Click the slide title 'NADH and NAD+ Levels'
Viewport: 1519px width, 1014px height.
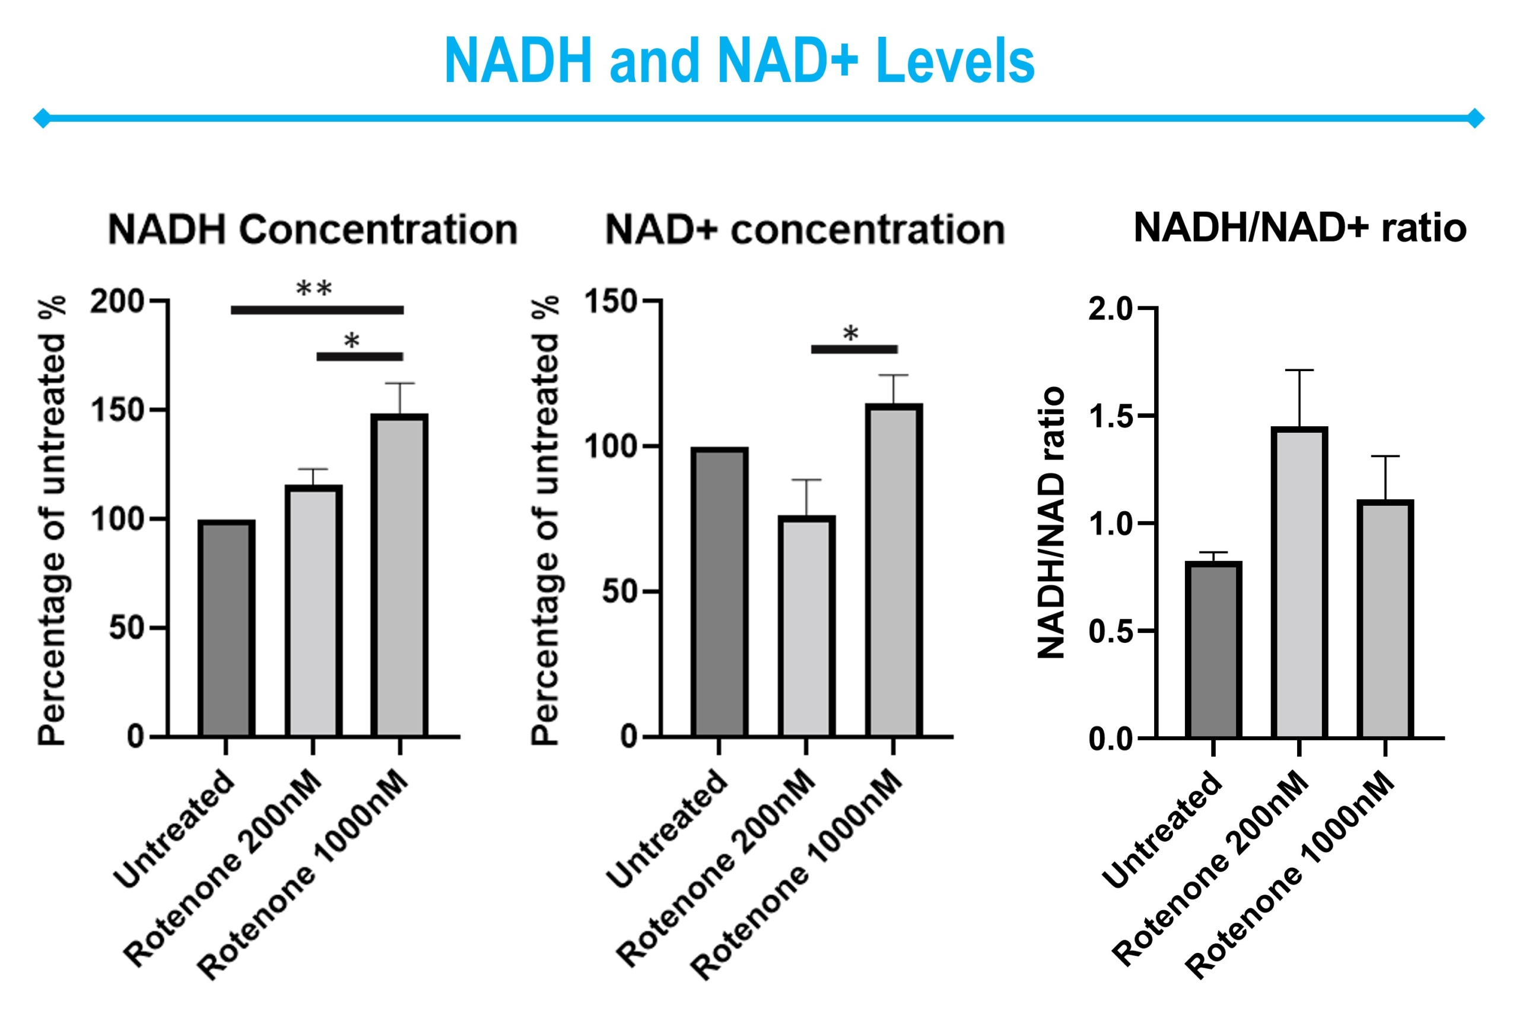point(739,61)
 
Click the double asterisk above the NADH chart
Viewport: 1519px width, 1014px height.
point(314,288)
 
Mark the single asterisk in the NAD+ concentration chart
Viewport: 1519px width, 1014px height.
point(851,334)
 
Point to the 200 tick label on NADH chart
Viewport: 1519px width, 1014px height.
point(117,302)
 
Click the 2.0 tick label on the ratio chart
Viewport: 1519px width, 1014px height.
point(1111,309)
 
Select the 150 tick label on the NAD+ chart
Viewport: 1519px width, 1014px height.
point(610,302)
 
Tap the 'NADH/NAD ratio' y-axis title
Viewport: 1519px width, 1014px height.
point(1050,522)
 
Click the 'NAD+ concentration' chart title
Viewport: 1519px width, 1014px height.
point(805,230)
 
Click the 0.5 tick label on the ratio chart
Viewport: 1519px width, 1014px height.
point(1111,631)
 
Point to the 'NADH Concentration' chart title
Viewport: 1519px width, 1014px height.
point(313,230)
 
